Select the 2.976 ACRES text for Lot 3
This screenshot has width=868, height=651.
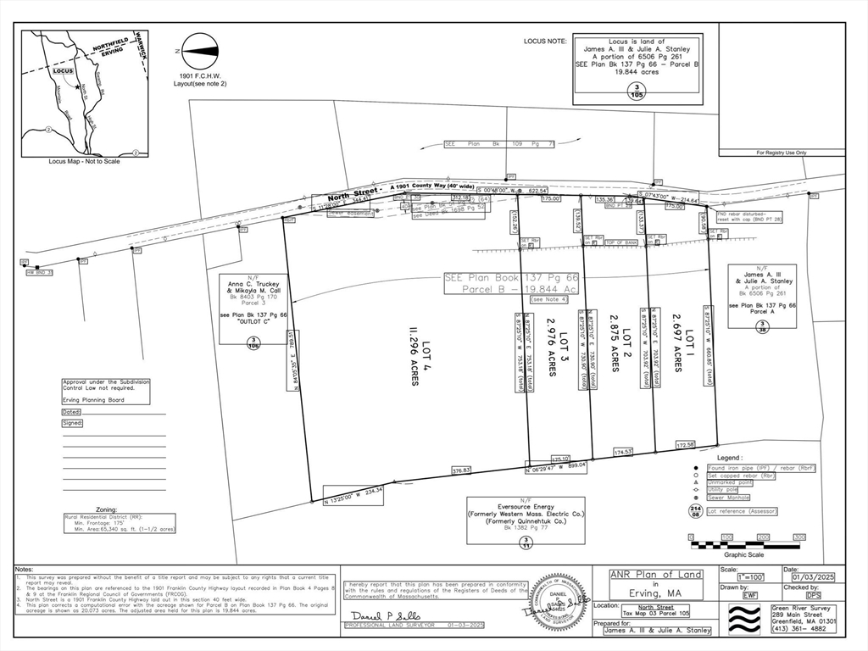point(551,344)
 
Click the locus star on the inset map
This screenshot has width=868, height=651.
point(77,86)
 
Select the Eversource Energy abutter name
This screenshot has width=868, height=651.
point(526,505)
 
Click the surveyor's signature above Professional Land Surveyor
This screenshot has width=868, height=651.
point(375,615)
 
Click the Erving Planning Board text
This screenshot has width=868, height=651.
point(94,399)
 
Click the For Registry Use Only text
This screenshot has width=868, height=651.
point(782,153)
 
